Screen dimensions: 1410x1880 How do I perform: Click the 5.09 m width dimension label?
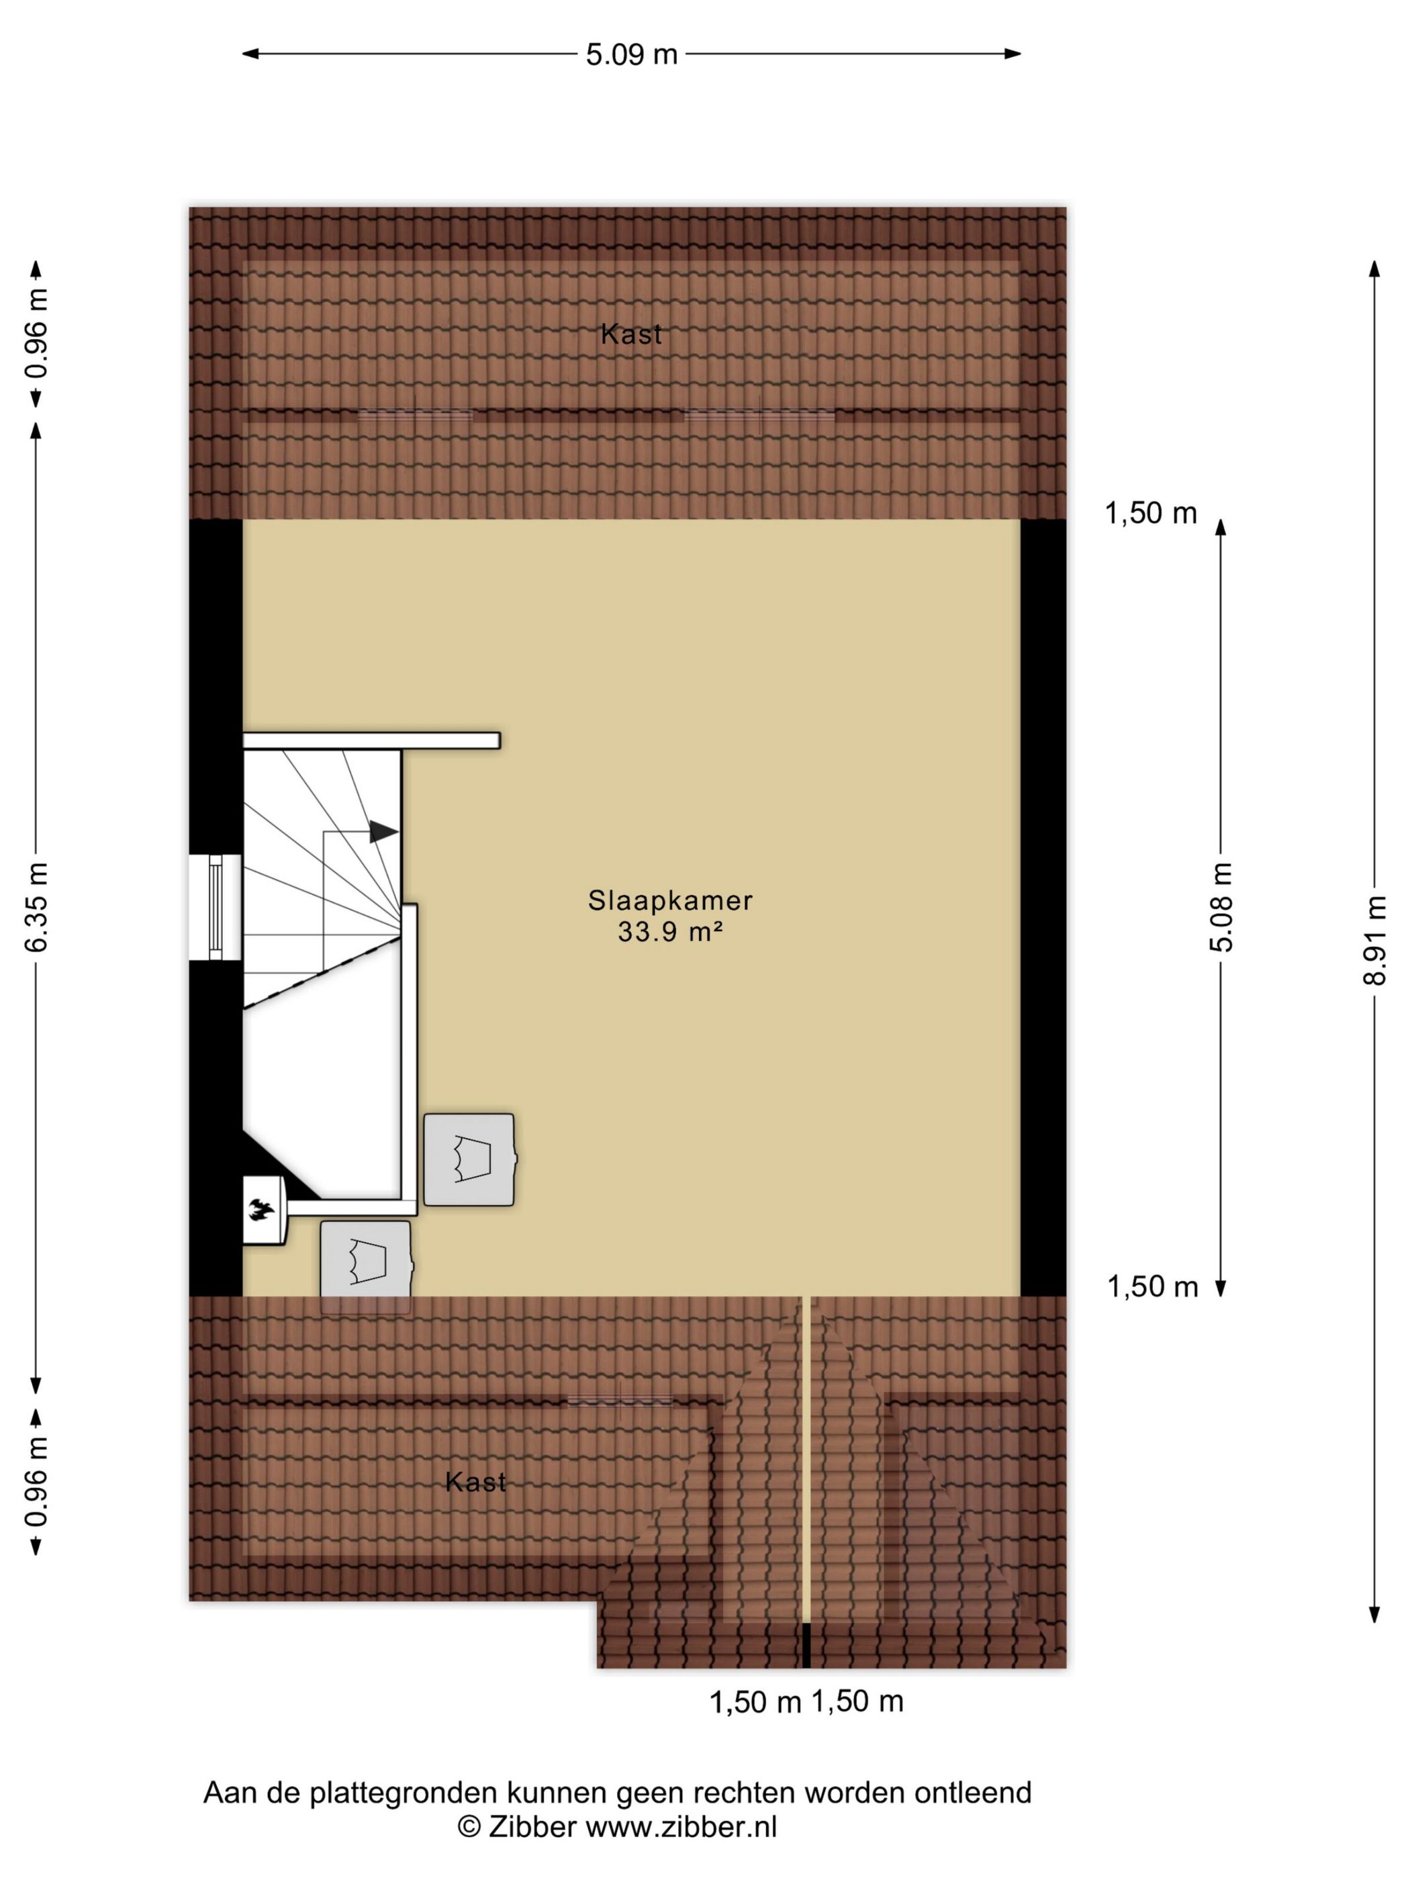click(x=632, y=54)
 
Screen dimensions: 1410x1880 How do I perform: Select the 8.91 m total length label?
click(x=1374, y=939)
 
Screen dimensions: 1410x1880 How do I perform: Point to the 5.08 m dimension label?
click(x=1221, y=906)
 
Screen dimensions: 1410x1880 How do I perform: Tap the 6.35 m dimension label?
click(x=36, y=906)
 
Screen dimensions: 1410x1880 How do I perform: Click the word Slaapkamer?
click(x=671, y=900)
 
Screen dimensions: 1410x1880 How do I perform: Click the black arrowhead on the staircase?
click(x=384, y=831)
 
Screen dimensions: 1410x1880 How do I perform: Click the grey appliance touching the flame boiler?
click(x=367, y=1265)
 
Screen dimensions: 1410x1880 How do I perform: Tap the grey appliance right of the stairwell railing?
click(x=470, y=1160)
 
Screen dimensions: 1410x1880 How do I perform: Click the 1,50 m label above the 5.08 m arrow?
click(x=1151, y=514)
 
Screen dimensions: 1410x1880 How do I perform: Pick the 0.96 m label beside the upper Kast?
click(x=36, y=333)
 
